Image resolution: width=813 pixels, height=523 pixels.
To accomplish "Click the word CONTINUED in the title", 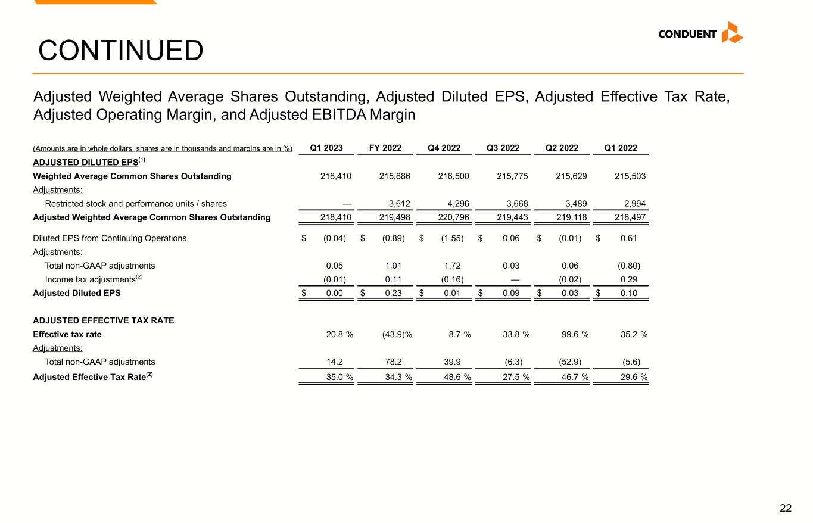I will tap(120, 51).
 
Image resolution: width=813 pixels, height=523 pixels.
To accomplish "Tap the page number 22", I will tap(786, 508).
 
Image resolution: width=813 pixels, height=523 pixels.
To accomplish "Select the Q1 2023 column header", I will tap(326, 148).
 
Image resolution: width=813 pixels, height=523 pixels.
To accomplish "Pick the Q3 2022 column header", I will tap(503, 148).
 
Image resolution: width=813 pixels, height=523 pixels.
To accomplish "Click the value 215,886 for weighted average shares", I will tap(394, 176).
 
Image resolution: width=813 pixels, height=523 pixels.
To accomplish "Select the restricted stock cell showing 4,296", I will tap(458, 204).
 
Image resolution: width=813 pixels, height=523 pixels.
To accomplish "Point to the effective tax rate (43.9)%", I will tap(397, 334).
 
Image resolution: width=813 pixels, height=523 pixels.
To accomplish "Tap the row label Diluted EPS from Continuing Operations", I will tap(110, 238).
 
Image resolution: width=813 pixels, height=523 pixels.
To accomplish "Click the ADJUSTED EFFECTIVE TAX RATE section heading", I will tap(104, 320).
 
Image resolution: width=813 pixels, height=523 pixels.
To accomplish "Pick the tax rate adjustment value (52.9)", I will tap(570, 362).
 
